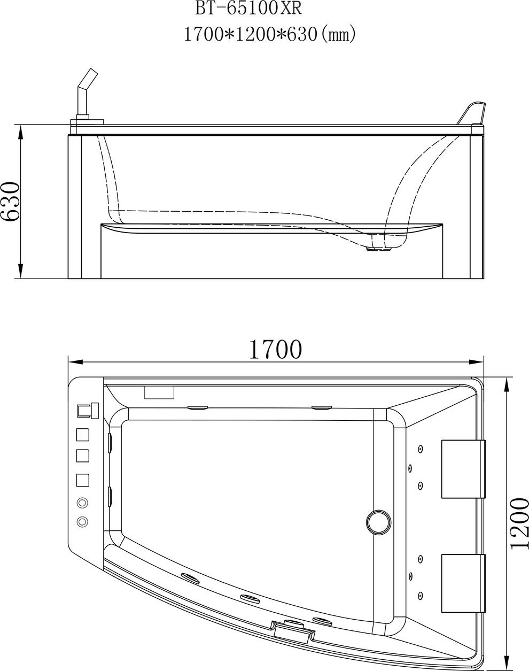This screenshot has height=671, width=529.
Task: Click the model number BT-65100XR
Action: coord(248,9)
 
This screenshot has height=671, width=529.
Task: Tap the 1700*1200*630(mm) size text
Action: coord(270,34)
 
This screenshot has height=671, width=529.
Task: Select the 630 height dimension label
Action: coord(10,202)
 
